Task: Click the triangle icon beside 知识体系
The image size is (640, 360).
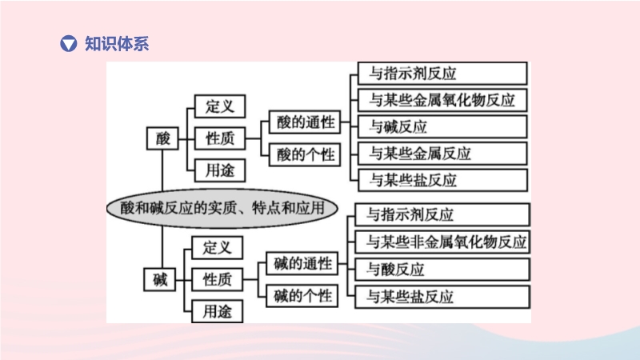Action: (x=68, y=44)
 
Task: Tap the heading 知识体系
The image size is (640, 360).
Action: (x=117, y=44)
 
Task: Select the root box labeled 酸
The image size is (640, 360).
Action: (x=162, y=138)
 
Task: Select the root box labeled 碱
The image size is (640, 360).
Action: (x=159, y=279)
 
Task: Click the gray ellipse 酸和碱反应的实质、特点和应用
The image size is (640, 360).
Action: (x=222, y=208)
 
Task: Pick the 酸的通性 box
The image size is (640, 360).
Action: (x=305, y=122)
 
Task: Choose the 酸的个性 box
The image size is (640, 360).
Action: (x=305, y=154)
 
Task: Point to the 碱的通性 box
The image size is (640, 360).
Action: (x=302, y=263)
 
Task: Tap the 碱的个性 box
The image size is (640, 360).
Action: (x=302, y=295)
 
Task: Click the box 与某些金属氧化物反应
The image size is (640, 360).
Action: (x=442, y=100)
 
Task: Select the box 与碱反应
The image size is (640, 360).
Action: (x=442, y=126)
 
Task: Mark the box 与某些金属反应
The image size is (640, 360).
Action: (x=442, y=154)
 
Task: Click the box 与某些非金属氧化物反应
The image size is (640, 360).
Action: (x=442, y=242)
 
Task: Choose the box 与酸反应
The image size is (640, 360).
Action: (x=442, y=270)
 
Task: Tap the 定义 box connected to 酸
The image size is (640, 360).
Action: (x=220, y=106)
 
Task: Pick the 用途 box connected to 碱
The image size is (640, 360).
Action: (x=217, y=311)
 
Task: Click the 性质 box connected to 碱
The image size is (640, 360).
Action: (x=217, y=279)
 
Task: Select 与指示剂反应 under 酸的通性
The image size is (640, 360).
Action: (x=442, y=74)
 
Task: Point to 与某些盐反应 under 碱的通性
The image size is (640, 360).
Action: (x=442, y=297)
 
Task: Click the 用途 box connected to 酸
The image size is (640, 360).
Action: (x=220, y=170)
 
